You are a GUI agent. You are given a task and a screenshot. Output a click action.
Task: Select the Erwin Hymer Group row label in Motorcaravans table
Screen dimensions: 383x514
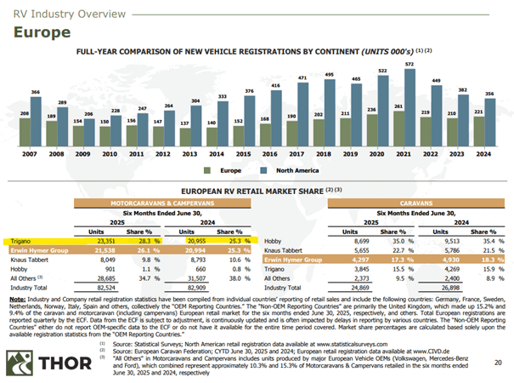38,252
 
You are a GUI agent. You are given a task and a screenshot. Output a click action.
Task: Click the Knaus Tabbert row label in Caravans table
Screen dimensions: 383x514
290,252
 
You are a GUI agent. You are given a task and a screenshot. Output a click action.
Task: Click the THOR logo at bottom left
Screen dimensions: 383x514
42,352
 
